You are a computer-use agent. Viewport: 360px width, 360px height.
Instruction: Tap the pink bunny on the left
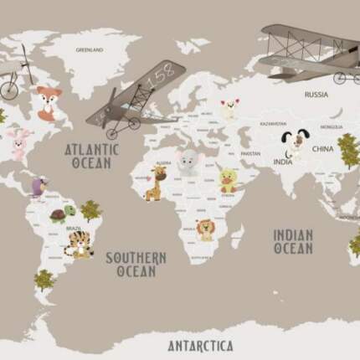click(17, 143)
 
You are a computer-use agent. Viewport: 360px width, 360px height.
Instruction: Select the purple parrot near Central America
click(37, 187)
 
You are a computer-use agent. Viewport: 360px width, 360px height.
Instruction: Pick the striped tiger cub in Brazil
click(79, 244)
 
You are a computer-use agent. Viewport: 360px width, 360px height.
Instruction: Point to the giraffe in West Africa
click(156, 183)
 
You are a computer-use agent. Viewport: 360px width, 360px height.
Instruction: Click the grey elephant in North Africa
click(188, 162)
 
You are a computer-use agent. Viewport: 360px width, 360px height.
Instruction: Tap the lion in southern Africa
click(205, 228)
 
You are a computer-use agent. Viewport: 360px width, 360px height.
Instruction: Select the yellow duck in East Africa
click(227, 178)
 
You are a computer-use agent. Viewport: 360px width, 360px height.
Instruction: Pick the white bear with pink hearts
click(229, 108)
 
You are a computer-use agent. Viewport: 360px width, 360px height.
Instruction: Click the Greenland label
click(90, 50)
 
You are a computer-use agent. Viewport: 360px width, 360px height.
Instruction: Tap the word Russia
click(316, 95)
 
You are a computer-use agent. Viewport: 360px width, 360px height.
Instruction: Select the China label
click(322, 148)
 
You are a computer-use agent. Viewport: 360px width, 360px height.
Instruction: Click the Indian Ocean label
click(293, 241)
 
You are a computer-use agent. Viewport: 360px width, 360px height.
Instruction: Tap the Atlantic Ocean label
click(92, 156)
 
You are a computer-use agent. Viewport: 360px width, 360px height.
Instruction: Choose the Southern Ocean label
click(136, 265)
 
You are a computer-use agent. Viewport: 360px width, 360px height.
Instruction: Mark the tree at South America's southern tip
click(44, 280)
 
